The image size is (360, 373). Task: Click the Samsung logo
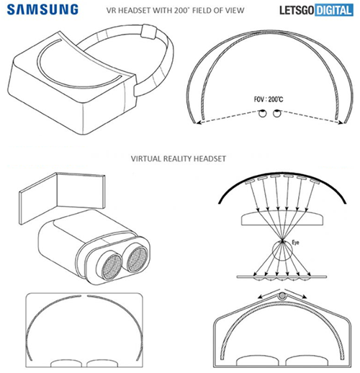pos(42,10)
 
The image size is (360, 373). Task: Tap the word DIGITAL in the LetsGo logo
pos(334,10)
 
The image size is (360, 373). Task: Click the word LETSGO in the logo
pos(297,10)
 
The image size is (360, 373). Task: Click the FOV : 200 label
pos(269,99)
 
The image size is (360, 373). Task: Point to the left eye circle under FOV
pos(262,113)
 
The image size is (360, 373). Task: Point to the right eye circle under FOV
pos(277,113)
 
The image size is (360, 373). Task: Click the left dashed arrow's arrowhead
pos(198,122)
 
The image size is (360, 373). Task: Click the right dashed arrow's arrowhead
pos(341,122)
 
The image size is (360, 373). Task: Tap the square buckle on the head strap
pos(149,31)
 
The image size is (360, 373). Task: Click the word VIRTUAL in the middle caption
pos(146,158)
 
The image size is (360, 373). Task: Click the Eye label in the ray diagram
pos(295,243)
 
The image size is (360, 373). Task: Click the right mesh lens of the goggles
pos(137,259)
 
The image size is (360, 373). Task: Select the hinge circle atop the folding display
pos(282,296)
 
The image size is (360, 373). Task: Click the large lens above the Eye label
pos(282,218)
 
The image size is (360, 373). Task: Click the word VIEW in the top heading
pos(235,10)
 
